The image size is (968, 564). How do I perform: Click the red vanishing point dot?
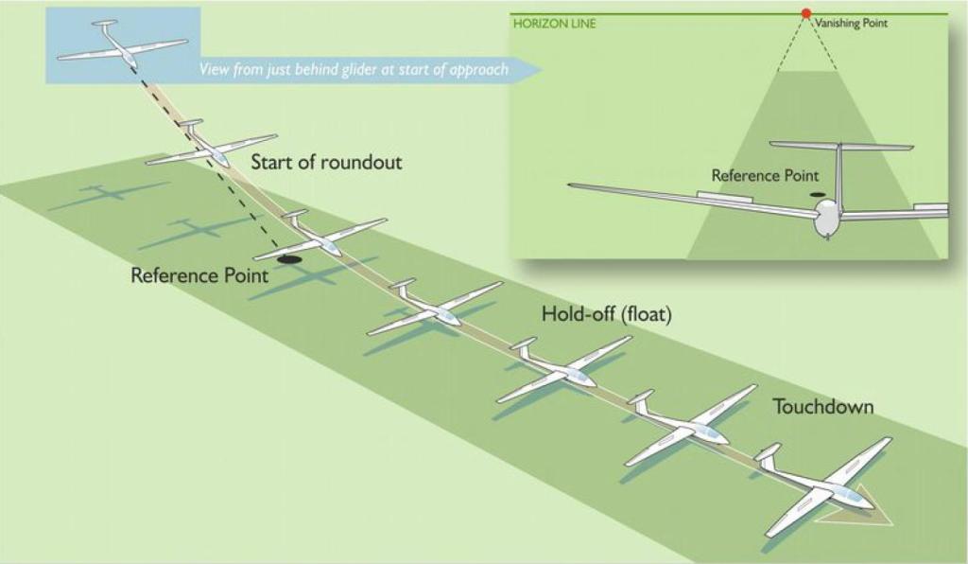coord(805,13)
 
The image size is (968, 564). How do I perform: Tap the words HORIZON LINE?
coord(554,24)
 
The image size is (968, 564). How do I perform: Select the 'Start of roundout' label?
coord(326,162)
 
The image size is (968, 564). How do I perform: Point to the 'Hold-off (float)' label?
coord(606,314)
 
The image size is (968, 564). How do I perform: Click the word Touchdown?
coord(822,407)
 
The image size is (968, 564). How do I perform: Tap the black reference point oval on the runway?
coord(290,258)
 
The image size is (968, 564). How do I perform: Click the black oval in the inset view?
coord(818,196)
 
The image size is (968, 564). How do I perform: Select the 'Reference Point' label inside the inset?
coord(765,175)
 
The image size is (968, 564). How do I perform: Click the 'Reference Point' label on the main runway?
coord(199,276)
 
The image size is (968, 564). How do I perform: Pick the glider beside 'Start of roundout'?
coord(212,149)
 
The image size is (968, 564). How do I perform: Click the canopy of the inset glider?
coord(827,220)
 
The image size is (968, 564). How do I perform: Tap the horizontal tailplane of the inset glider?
coord(840,146)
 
